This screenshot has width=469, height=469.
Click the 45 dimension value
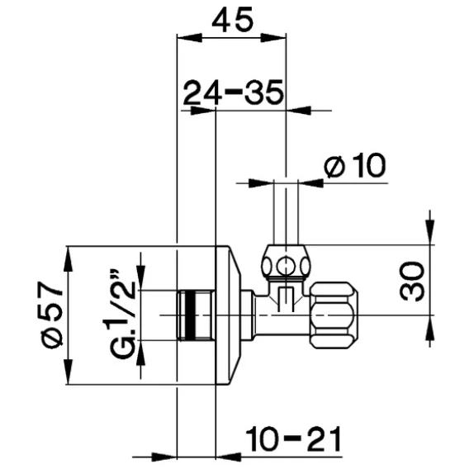(x=232, y=20)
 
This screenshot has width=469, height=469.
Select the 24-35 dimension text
(x=233, y=92)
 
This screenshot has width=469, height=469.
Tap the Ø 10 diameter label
(x=355, y=165)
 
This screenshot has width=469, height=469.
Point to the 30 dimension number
(x=412, y=281)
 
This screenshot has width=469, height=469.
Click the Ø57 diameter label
(x=51, y=315)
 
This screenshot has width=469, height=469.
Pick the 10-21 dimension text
(x=293, y=438)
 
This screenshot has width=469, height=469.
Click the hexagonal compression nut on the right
(x=333, y=315)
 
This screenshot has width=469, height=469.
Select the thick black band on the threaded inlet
(x=189, y=315)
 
